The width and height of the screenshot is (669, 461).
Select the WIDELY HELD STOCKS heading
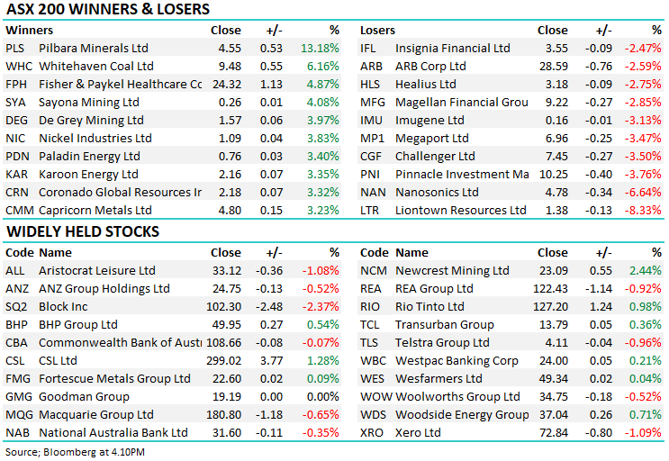tap(83, 231)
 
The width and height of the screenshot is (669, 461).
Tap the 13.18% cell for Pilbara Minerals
tap(321, 49)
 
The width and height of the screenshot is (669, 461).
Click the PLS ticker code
tap(15, 49)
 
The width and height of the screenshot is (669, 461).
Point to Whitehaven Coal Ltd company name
tap(96, 67)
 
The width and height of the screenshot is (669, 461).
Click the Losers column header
tap(377, 30)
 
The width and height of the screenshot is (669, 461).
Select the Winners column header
tap(29, 30)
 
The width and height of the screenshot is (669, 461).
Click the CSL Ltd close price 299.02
tap(221, 360)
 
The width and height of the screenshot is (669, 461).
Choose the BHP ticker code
tap(17, 324)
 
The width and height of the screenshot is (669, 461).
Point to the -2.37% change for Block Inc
tap(321, 306)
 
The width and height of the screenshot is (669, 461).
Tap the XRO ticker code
tap(373, 432)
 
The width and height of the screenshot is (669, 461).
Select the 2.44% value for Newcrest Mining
tap(646, 270)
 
